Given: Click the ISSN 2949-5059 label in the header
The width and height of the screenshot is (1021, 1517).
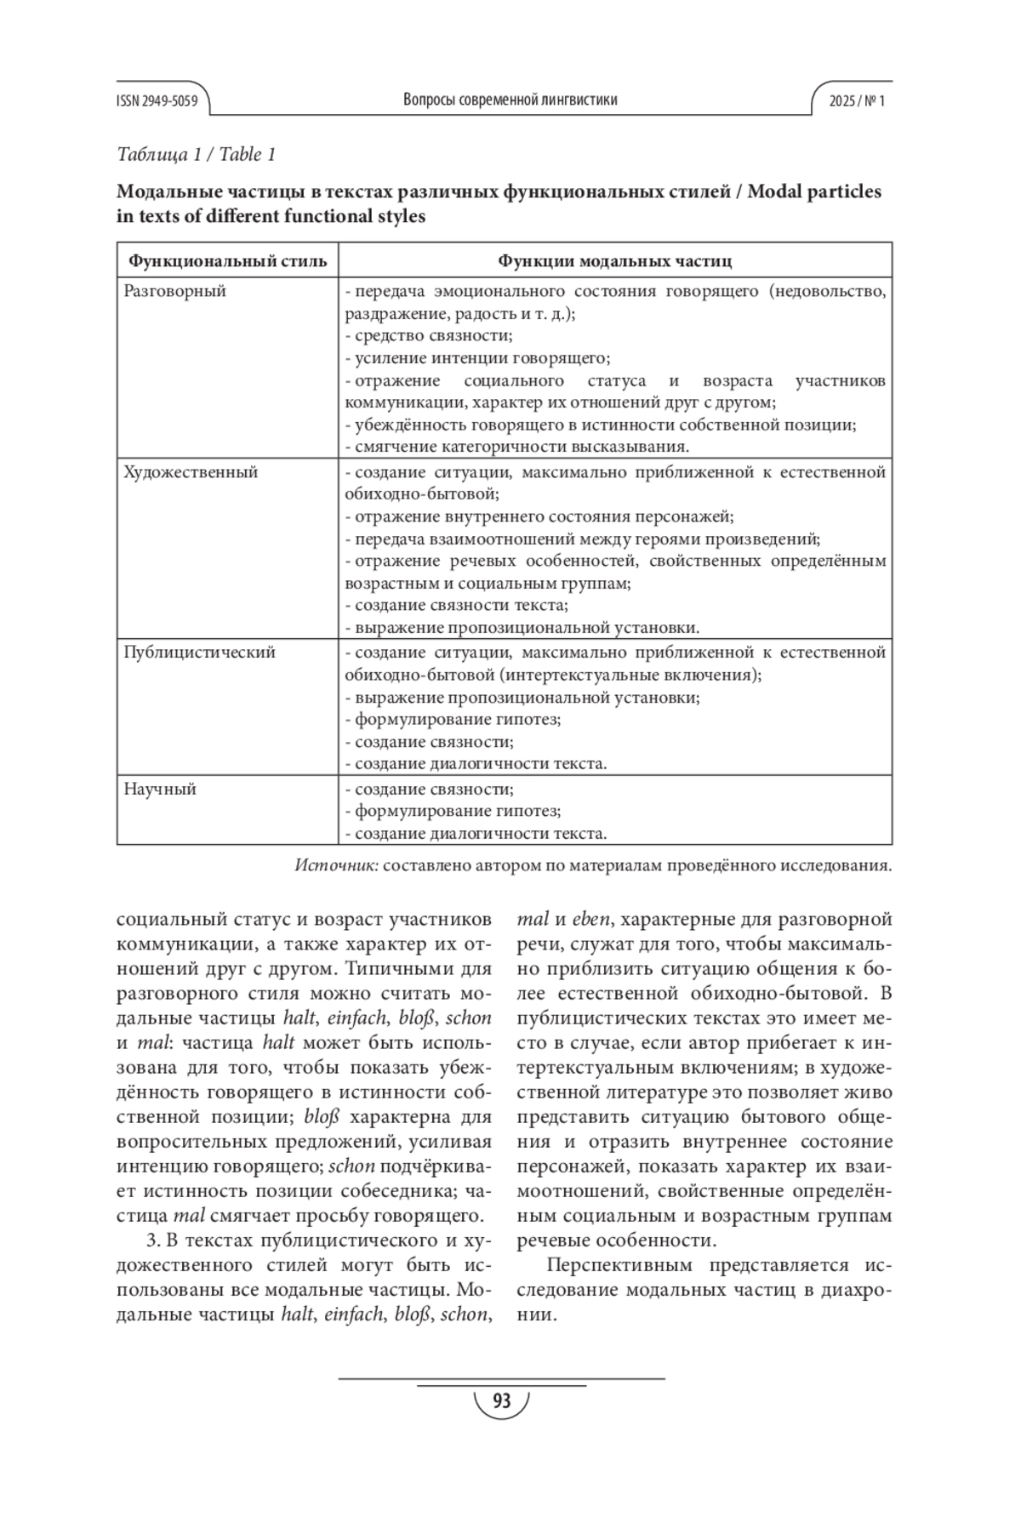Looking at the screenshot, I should click(x=157, y=100).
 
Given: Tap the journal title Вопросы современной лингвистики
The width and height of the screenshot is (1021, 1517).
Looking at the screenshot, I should click(x=510, y=100).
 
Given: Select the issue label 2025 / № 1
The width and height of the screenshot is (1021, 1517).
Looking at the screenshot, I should click(x=858, y=100).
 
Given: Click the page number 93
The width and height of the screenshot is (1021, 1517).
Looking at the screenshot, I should click(x=501, y=1400).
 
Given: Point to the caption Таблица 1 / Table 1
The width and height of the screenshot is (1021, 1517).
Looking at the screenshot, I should click(x=197, y=154).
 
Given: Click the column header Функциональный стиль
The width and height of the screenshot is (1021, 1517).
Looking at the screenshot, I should click(x=227, y=260).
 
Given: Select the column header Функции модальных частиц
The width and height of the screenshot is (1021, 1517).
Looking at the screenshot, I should click(x=614, y=260).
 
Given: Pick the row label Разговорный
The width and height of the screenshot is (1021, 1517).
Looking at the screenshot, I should click(x=175, y=291).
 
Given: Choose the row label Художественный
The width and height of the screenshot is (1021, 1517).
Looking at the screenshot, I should click(x=191, y=472).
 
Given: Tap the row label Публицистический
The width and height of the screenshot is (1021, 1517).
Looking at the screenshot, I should click(x=199, y=653).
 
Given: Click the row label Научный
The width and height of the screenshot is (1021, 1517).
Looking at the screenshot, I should click(x=160, y=789).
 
